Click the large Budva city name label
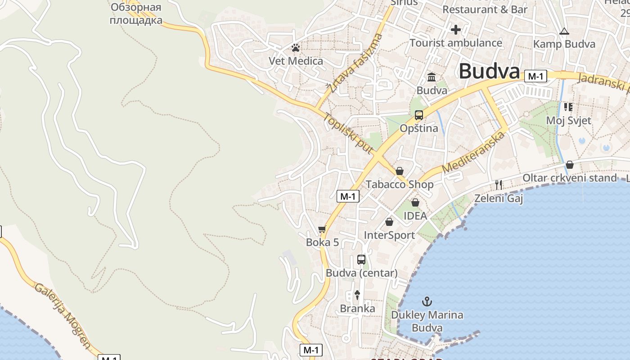[x=489, y=72]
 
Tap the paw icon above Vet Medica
[x=296, y=47]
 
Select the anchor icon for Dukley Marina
[x=427, y=301]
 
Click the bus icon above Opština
[x=419, y=115]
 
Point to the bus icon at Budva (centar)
[x=361, y=259]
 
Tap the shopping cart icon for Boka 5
[x=322, y=229]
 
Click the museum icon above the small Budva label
[x=432, y=77]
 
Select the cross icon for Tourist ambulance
[x=456, y=30]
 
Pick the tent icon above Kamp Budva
[x=564, y=31]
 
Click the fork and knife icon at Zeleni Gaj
[x=499, y=184]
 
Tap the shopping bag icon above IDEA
[x=415, y=202]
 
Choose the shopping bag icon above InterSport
[x=389, y=222]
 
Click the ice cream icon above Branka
[x=357, y=295]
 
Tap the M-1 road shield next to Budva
[x=535, y=76]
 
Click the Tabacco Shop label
[x=400, y=184]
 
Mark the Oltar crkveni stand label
[x=569, y=178]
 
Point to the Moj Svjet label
[x=568, y=121]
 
